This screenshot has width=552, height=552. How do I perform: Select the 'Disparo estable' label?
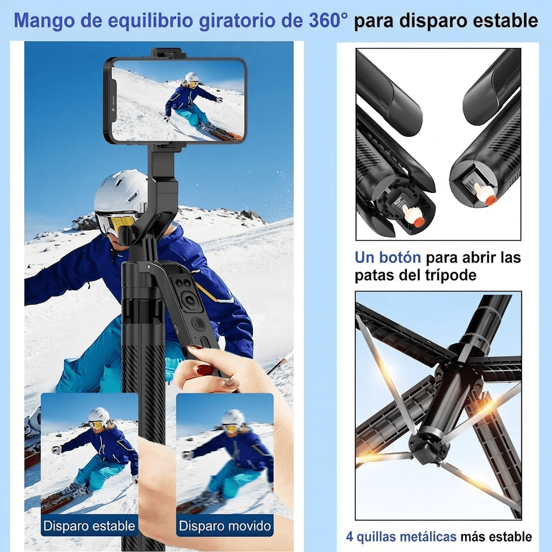click(x=89, y=526)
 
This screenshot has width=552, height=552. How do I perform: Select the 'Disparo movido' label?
click(x=225, y=526)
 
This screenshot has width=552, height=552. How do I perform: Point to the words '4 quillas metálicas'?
click(x=401, y=537)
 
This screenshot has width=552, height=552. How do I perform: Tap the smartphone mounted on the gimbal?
click(x=175, y=101)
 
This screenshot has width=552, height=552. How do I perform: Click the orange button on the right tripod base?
click(x=491, y=201)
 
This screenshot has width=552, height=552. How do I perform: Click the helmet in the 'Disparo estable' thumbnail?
click(x=99, y=415)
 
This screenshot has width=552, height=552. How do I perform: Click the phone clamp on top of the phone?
click(x=169, y=53)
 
